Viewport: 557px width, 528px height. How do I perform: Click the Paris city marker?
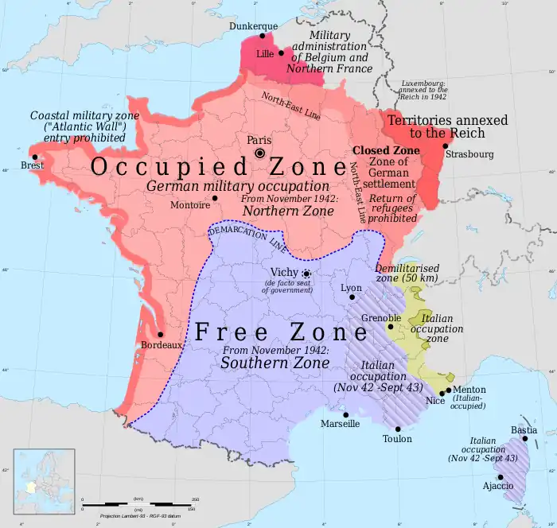259,153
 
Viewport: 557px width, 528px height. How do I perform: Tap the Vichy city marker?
306,273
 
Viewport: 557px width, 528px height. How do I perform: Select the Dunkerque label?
253,25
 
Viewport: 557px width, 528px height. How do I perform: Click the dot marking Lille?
281,53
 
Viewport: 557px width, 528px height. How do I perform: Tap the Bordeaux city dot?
161,334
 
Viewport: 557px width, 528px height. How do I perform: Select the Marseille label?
340,424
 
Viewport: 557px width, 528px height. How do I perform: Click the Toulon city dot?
398,427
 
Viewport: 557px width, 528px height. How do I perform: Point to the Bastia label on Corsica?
523,430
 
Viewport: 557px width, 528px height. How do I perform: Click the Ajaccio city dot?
501,477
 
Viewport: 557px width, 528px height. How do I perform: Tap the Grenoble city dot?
390,326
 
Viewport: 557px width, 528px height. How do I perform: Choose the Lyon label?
350,287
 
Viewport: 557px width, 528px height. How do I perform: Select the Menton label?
469,390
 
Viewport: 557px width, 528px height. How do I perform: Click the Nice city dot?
442,393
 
